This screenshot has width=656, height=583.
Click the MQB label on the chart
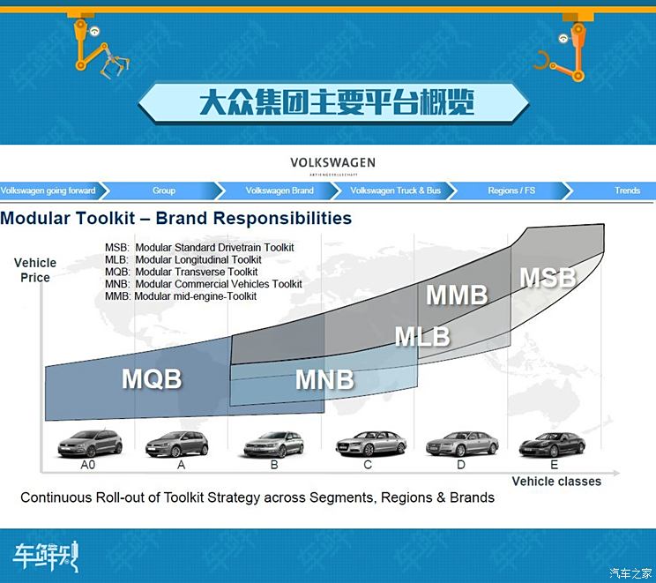(x=152, y=378)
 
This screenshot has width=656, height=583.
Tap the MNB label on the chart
(x=324, y=379)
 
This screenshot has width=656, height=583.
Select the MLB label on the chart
(x=422, y=337)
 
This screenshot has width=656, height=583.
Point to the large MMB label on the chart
(x=458, y=295)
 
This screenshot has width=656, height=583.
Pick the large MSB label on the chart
(x=548, y=278)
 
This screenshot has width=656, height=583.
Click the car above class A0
(x=90, y=444)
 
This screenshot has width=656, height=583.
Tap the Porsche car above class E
(x=552, y=445)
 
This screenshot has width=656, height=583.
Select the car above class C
(x=371, y=444)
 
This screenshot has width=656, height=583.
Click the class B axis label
(x=274, y=465)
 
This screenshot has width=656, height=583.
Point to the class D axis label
(x=460, y=465)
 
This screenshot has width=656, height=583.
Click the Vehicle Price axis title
(x=35, y=270)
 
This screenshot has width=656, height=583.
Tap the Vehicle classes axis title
(x=556, y=482)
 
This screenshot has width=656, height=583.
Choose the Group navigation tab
(x=164, y=191)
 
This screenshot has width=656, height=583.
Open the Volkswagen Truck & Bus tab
(x=395, y=191)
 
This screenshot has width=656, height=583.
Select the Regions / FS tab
(x=511, y=191)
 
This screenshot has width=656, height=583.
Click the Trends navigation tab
(x=627, y=191)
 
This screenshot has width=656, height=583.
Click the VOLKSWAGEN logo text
(x=333, y=162)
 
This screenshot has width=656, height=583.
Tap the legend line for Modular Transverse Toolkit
(x=181, y=272)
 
